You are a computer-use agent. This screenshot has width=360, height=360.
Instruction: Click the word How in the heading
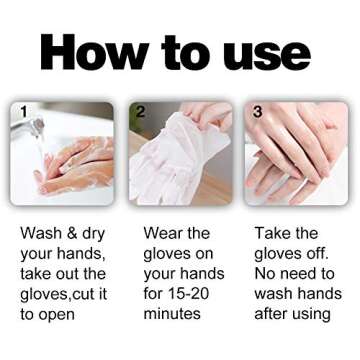(x=89, y=52)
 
